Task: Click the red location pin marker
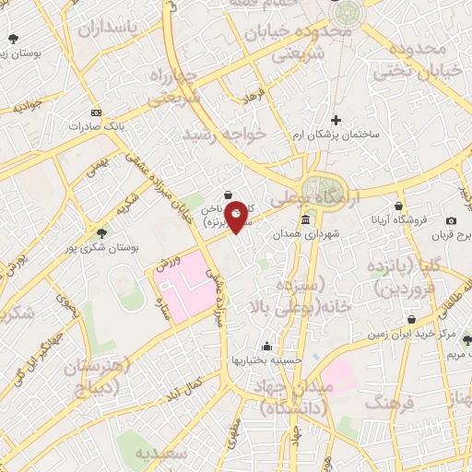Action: (236, 216)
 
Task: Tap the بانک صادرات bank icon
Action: (96, 112)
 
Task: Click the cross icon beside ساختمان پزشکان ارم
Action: (336, 120)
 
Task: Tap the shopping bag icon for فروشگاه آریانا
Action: (398, 206)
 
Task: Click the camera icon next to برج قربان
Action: (451, 220)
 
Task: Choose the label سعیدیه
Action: (163, 454)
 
